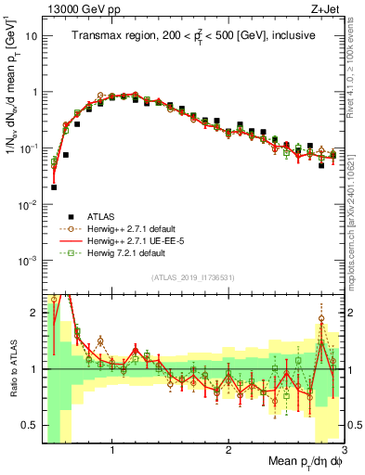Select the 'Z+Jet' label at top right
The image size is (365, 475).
[326, 7]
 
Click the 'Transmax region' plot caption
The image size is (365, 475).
[194, 35]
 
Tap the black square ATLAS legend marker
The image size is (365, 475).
[57, 213]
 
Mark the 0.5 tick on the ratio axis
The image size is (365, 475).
[33, 426]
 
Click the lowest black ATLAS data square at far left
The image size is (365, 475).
[54, 186]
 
